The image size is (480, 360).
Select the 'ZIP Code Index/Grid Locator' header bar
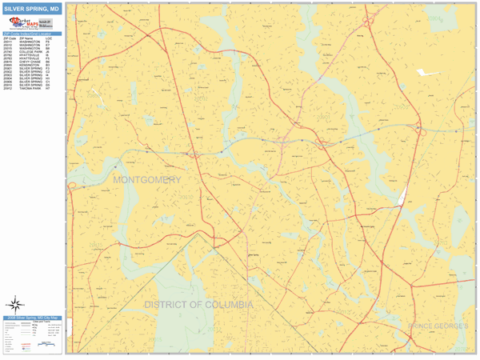pyautogui.click(x=32, y=34)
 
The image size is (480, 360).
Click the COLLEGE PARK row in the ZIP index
pyautogui.click(x=32, y=52)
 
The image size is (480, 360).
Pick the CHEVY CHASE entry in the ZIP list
pyautogui.click(x=32, y=62)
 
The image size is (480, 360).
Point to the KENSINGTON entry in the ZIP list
pyautogui.click(x=32, y=65)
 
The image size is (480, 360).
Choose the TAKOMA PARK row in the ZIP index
pyautogui.click(x=32, y=88)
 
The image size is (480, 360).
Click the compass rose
pyautogui.click(x=16, y=304)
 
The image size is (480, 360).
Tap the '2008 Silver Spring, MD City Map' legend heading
pyautogui.click(x=32, y=318)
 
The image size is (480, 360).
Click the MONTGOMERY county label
pyautogui.click(x=147, y=180)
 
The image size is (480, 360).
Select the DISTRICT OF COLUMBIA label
pyautogui.click(x=199, y=305)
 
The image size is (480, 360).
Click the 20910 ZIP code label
pyautogui.click(x=186, y=194)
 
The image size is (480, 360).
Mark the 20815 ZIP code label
pyautogui.click(x=96, y=244)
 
